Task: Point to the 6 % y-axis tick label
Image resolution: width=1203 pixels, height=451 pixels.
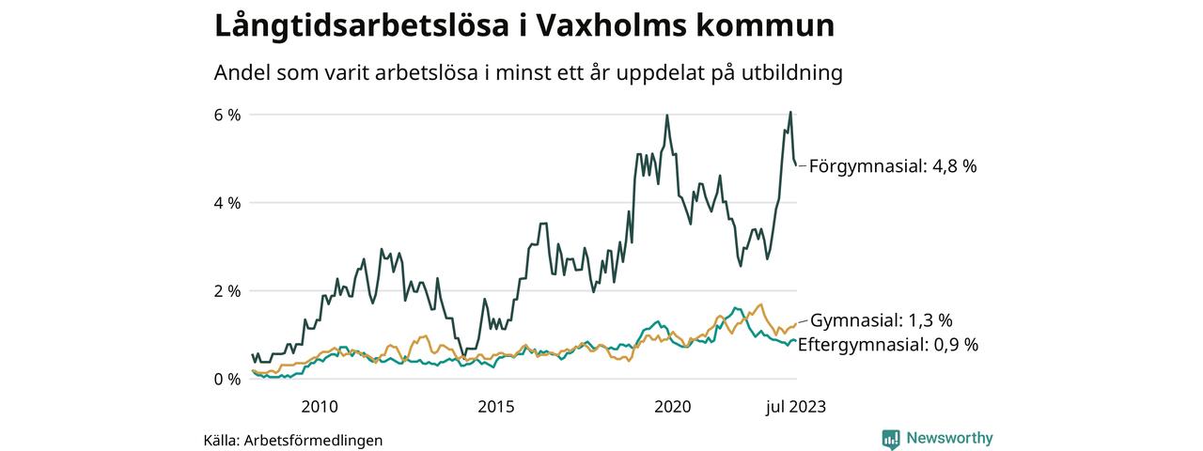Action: [227, 115]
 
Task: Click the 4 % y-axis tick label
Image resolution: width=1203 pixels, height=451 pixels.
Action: [227, 203]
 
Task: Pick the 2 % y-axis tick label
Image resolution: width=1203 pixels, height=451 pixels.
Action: [227, 291]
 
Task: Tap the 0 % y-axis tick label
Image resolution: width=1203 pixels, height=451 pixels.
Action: [227, 379]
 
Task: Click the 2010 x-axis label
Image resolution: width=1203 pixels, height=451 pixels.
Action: [320, 407]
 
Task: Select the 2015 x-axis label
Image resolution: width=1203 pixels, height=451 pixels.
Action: [496, 407]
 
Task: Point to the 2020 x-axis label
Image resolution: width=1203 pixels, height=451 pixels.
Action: [673, 407]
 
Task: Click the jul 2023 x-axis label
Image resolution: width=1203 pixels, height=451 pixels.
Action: [795, 407]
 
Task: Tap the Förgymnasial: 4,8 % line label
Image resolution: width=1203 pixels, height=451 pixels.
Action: [893, 166]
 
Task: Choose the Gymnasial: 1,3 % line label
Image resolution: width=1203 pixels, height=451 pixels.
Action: [882, 319]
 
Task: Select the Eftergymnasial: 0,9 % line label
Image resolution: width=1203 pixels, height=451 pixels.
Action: [887, 345]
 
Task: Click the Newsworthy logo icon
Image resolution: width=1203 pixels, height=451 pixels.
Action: [891, 439]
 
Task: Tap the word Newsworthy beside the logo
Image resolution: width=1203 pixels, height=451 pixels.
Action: [949, 439]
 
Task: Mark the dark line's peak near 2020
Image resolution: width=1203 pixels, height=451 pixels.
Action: [667, 116]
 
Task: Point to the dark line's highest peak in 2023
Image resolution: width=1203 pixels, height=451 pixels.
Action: [790, 112]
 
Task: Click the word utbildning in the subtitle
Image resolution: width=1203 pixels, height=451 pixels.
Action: [789, 73]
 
